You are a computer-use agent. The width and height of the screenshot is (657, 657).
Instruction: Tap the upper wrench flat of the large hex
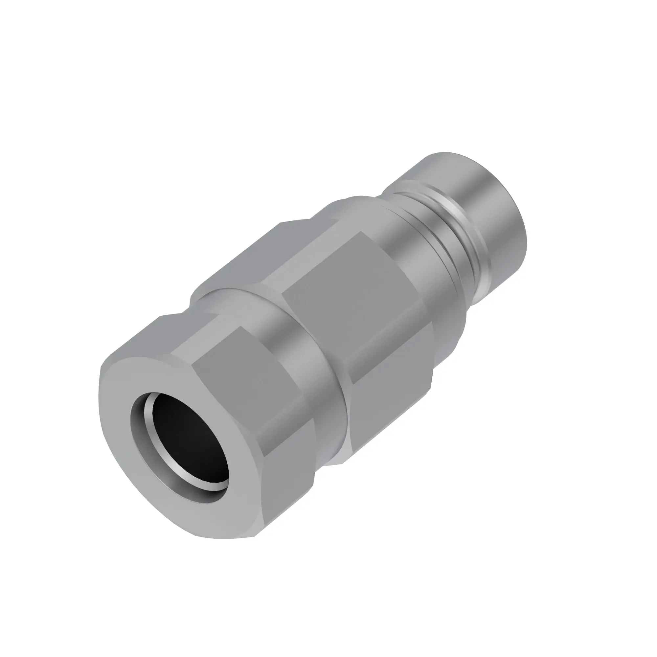click(x=299, y=245)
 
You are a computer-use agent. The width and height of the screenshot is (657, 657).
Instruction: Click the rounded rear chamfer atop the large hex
click(x=354, y=207)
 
